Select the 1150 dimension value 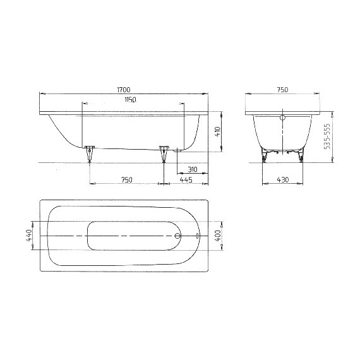(130, 100)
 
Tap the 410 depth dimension (217, 133)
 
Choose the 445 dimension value (186, 180)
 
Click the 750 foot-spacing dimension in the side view (126, 180)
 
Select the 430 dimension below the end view (282, 180)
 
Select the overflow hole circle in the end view (282, 117)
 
